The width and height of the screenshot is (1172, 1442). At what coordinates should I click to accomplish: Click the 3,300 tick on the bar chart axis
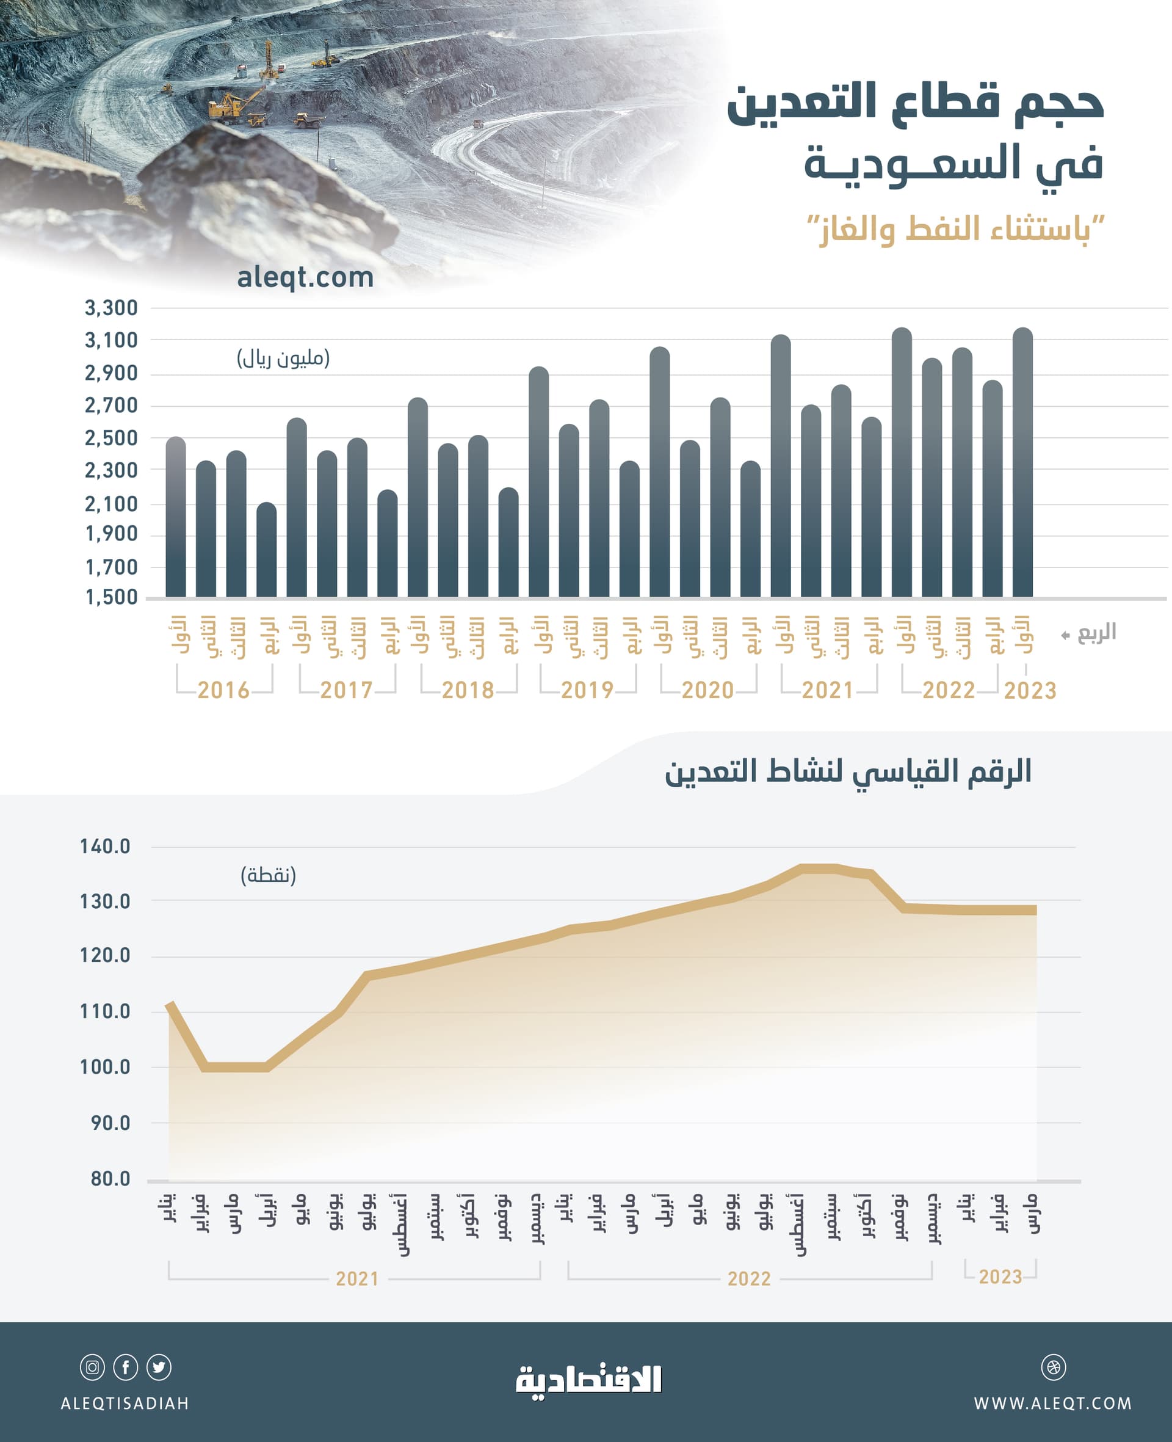point(110,308)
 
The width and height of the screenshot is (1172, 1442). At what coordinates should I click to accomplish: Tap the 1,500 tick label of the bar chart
point(110,597)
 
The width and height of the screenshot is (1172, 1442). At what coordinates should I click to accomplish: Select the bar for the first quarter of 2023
point(1022,466)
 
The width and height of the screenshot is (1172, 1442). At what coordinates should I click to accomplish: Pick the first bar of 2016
point(176,520)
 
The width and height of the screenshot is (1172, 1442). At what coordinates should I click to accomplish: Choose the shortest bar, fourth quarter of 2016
point(267,550)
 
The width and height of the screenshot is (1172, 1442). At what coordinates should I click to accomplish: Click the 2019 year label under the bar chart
point(587,690)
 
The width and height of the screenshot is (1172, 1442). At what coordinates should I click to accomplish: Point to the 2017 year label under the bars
point(345,690)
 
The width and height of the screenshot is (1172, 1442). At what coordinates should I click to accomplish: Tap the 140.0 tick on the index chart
point(104,847)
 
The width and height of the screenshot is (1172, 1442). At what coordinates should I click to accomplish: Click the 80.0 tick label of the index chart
point(110,1179)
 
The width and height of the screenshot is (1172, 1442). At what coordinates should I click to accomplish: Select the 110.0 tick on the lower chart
point(104,1011)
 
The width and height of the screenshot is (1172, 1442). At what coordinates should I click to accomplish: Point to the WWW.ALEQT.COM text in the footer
point(1052,1404)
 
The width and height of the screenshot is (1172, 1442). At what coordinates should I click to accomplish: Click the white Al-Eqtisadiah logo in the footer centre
point(588,1379)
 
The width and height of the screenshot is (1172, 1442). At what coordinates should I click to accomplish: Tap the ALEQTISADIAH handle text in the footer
point(125,1404)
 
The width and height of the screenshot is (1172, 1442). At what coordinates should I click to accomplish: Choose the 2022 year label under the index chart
point(749,1278)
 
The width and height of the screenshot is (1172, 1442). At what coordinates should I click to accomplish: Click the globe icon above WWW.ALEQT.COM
point(1053,1367)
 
